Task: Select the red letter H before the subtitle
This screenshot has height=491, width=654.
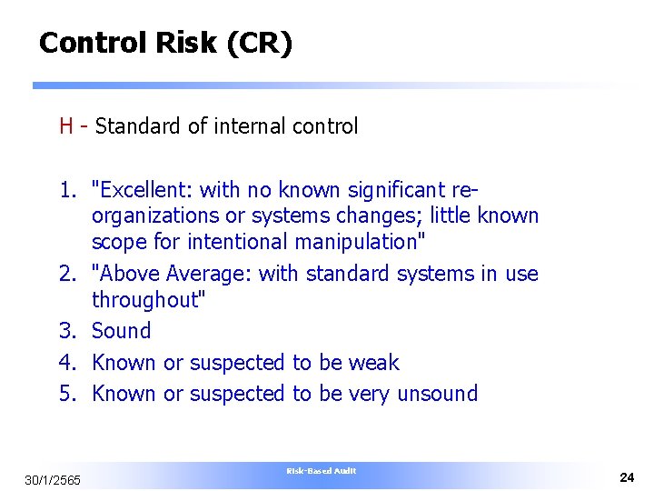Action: tap(66, 126)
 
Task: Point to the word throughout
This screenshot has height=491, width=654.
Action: tap(146, 299)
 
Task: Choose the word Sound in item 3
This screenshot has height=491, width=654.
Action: tap(122, 331)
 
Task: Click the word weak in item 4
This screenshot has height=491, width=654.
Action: tap(374, 362)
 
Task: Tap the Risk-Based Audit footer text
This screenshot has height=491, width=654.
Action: tap(321, 470)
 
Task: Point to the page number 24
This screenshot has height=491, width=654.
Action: tap(627, 477)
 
